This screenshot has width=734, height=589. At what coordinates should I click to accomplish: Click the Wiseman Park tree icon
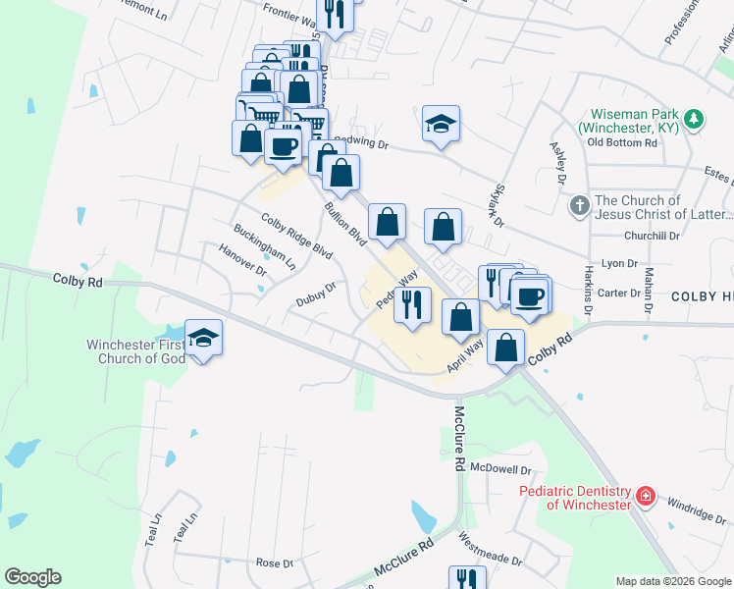click(695, 119)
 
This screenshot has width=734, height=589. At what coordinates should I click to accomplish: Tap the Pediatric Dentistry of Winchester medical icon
click(645, 497)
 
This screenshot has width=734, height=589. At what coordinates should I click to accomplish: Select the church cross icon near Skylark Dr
click(579, 207)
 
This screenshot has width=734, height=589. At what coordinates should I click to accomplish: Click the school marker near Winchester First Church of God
click(203, 339)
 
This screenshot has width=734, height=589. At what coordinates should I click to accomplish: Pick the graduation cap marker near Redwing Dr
click(441, 124)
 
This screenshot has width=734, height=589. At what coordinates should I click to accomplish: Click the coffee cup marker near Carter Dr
click(530, 296)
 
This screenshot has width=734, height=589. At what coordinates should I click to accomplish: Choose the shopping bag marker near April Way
click(505, 348)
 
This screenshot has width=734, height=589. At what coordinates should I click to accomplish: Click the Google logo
click(32, 577)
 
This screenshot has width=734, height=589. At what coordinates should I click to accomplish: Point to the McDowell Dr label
click(500, 469)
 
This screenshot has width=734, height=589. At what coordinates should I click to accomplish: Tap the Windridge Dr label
click(698, 511)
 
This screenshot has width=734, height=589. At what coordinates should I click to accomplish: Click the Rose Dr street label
click(274, 563)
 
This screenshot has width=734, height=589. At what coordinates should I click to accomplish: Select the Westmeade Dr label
click(491, 548)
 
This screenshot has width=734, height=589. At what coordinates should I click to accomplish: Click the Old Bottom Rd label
click(622, 142)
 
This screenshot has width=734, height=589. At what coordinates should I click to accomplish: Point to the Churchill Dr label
click(652, 237)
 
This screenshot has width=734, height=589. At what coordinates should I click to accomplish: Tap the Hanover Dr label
click(244, 260)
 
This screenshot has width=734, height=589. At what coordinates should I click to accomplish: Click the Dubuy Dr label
click(317, 294)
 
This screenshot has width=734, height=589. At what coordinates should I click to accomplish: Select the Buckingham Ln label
click(264, 245)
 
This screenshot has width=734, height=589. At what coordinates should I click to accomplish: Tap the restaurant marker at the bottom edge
click(467, 578)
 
